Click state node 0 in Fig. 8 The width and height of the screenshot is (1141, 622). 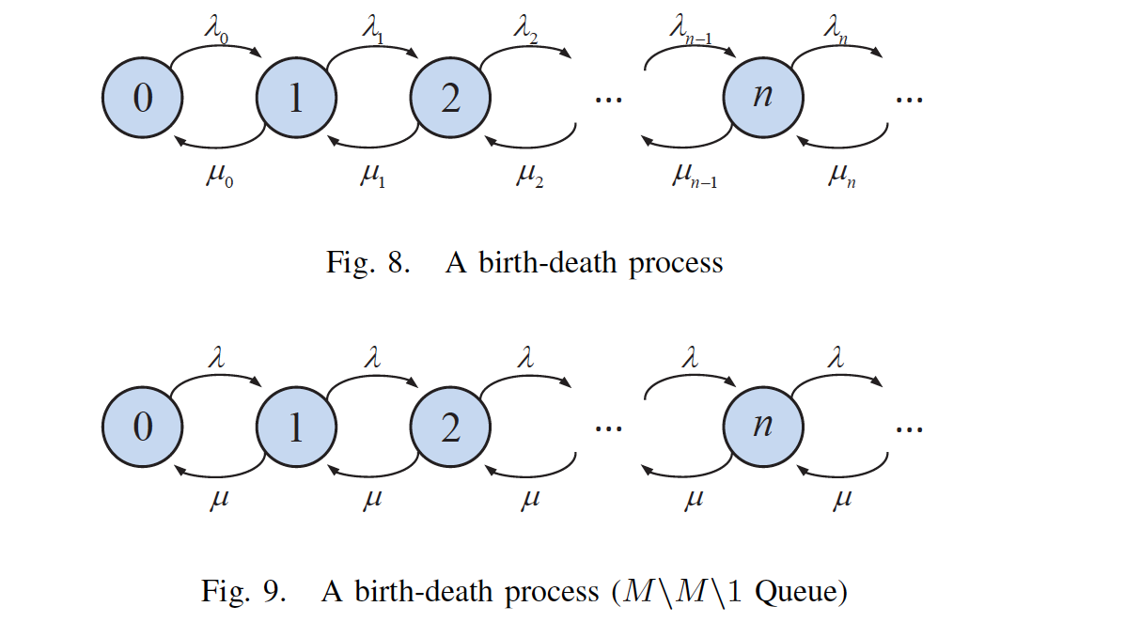tap(142, 98)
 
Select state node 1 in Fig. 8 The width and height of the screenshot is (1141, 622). tap(296, 98)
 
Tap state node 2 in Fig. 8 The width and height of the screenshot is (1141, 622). tap(450, 98)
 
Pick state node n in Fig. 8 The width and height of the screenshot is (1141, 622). tap(762, 98)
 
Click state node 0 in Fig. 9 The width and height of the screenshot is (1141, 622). tap(142, 428)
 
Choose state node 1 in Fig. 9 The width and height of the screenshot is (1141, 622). tap(296, 428)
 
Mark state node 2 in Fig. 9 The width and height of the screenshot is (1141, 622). tap(450, 428)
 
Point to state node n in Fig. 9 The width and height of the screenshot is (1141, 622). tap(762, 428)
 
